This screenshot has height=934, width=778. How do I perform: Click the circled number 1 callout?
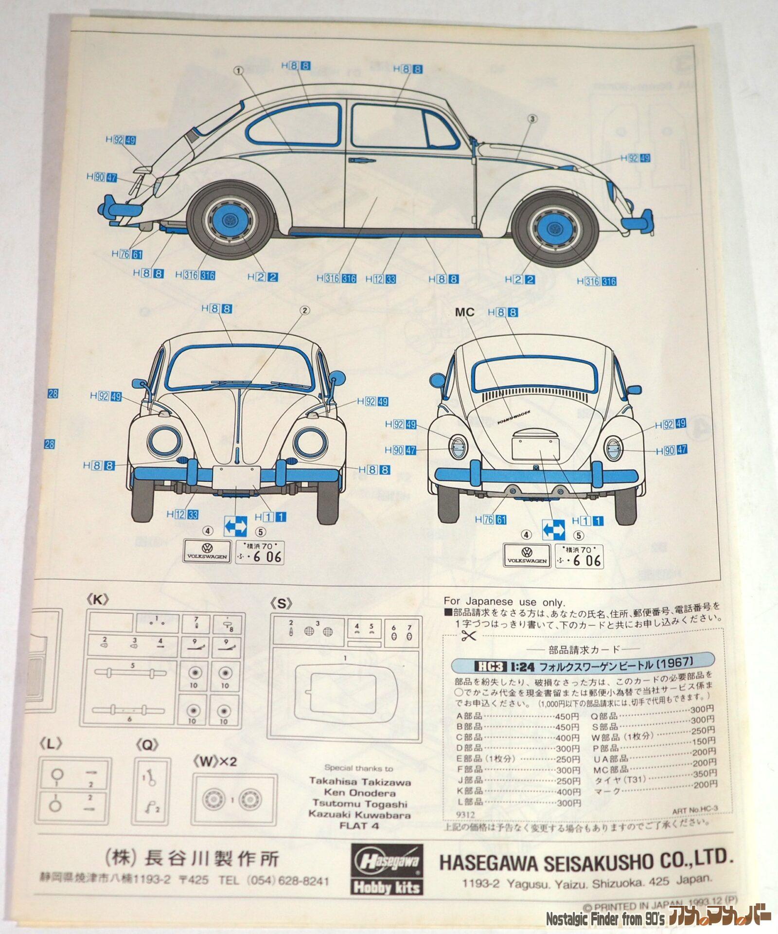pyautogui.click(x=238, y=71)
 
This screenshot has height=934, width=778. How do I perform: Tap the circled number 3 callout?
pyautogui.click(x=532, y=119)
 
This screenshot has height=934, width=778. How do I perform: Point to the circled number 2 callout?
pyautogui.click(x=305, y=310)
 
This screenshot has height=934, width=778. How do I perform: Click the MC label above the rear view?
pyautogui.click(x=464, y=312)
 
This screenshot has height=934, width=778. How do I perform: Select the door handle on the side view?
pyautogui.click(x=358, y=160)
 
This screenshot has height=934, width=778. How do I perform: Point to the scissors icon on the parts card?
pyautogui.click(x=469, y=635)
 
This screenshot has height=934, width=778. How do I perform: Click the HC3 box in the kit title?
pyautogui.click(x=490, y=666)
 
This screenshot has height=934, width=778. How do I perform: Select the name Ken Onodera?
pyautogui.click(x=360, y=792)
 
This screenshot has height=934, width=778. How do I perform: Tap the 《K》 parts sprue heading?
pyautogui.click(x=97, y=600)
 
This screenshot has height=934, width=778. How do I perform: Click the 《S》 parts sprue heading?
pyautogui.click(x=281, y=604)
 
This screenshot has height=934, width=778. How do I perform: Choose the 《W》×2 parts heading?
pyautogui.click(x=215, y=761)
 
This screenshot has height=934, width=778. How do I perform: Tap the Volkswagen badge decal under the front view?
pyautogui.click(x=207, y=552)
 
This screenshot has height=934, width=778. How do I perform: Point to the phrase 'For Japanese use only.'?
pyautogui.click(x=504, y=602)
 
